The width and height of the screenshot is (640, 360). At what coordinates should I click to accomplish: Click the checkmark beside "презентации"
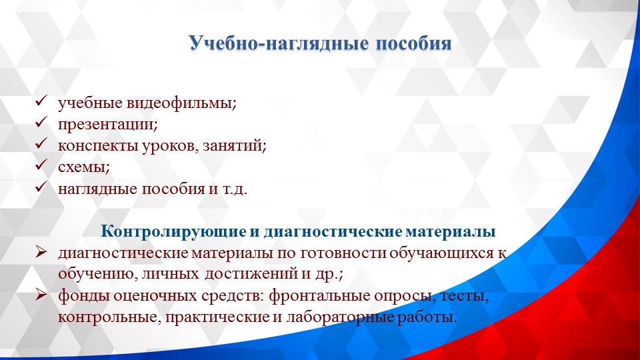coord(40,123)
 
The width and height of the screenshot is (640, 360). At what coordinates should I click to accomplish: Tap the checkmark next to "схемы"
coord(40,166)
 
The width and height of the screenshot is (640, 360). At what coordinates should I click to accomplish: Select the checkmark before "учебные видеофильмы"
coord(40,102)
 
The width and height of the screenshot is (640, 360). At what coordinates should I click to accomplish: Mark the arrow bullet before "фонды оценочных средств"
coord(41,295)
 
